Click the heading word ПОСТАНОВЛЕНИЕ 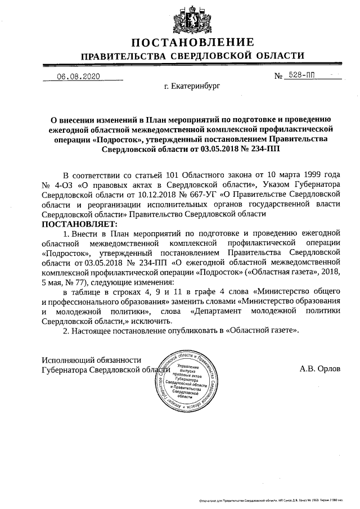coord(193,42)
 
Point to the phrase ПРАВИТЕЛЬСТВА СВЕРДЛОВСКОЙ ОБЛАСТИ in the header coord(193,56)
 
